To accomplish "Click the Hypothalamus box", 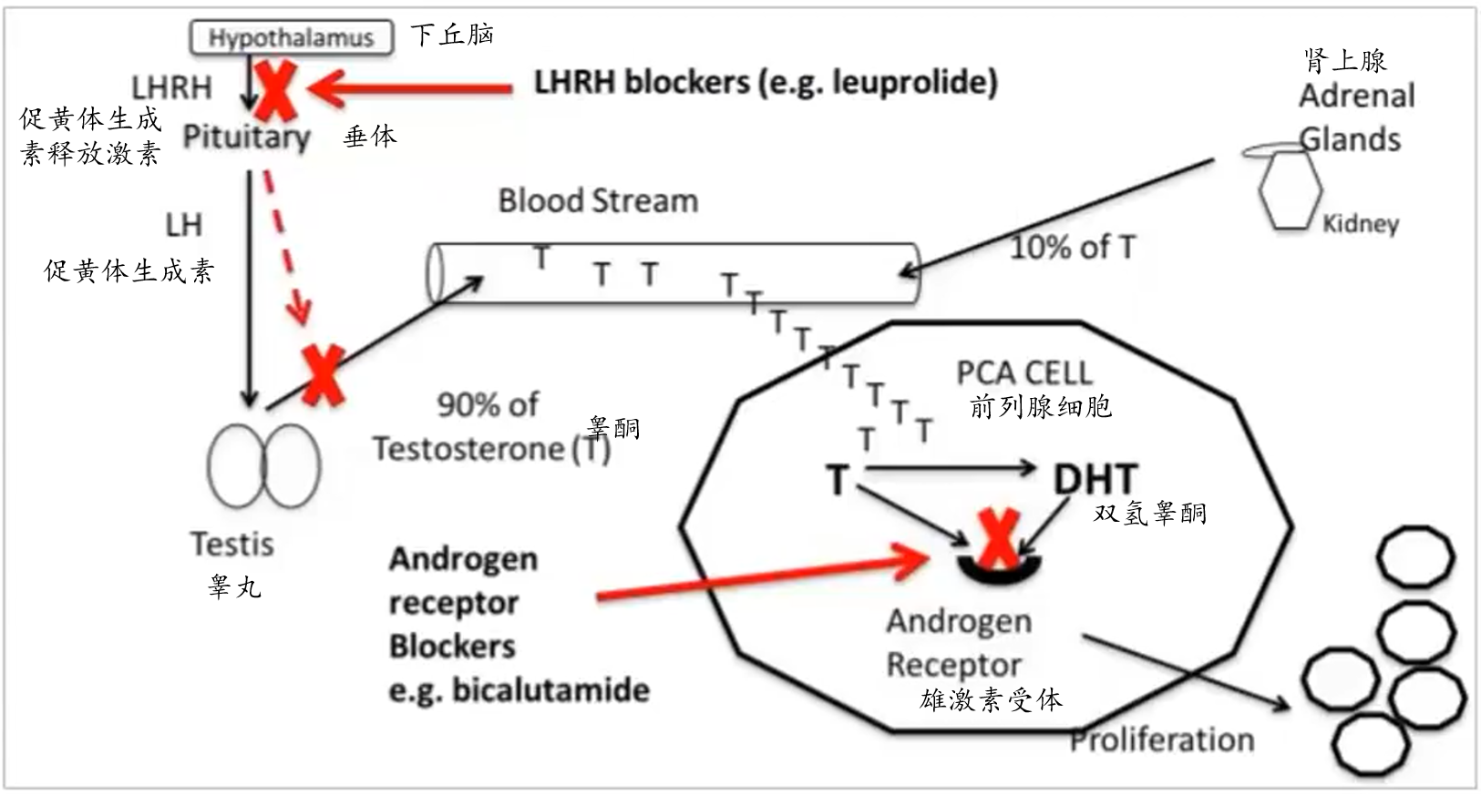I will click(291, 37).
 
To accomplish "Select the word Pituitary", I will click(246, 137).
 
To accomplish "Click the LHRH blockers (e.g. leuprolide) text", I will click(766, 83).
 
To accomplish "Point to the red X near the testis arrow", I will click(323, 374).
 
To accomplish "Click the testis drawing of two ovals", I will click(263, 465).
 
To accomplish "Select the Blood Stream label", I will click(598, 200).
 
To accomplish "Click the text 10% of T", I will click(1073, 247).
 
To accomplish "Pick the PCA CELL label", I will click(1023, 372).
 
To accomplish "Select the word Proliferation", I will click(1162, 739).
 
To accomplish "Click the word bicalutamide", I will click(550, 690).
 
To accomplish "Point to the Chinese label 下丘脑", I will click(452, 35).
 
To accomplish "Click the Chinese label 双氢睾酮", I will click(1150, 514).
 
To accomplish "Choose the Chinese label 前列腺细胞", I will click(1041, 406).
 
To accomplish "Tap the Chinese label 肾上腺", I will click(1345, 61).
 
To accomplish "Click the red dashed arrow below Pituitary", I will click(283, 246).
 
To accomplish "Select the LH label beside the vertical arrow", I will click(183, 225).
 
